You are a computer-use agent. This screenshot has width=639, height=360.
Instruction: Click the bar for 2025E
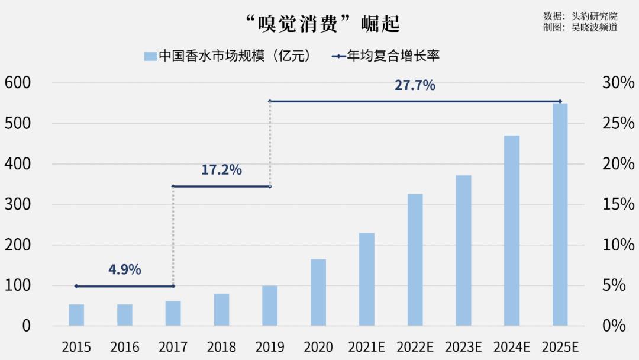(560, 214)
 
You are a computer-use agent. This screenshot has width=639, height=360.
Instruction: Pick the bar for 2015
(76, 314)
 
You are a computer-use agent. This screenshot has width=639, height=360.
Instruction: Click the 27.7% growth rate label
(415, 85)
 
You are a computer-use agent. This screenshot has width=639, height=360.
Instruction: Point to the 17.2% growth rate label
(221, 170)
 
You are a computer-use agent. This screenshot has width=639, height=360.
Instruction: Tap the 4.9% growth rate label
(124, 269)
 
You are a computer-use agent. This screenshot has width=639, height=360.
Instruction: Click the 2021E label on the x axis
(366, 346)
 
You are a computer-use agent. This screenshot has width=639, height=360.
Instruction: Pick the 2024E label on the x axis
(512, 346)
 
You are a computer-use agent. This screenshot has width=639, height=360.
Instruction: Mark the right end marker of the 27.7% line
(560, 101)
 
